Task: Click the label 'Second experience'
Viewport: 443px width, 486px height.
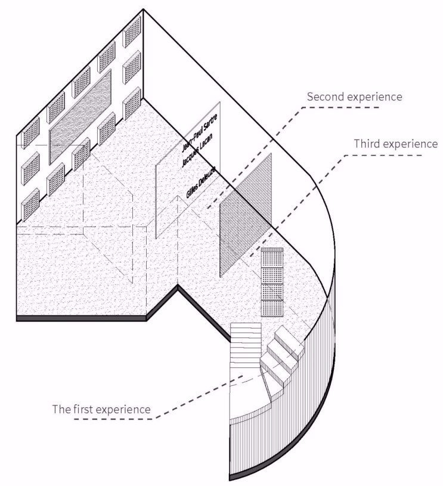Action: coord(354,97)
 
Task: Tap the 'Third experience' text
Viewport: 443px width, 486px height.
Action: coord(396,144)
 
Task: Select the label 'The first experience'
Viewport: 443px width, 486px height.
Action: coord(101,409)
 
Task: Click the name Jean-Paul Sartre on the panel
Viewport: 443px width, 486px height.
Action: coord(199,132)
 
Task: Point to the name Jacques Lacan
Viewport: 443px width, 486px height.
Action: coord(197,150)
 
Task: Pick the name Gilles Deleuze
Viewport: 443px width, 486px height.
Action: coord(201,182)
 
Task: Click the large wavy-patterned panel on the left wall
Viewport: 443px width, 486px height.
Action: coord(80,117)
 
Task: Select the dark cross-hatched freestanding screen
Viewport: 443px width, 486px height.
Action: coord(246,215)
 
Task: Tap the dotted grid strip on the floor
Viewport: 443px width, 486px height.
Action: coord(272,282)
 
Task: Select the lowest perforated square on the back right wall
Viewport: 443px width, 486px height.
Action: coord(132,104)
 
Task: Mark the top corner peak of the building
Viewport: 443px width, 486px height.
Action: coord(143,10)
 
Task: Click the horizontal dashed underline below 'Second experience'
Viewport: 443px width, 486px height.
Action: coord(340,107)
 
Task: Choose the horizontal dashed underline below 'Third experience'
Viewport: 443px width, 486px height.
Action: coord(384,155)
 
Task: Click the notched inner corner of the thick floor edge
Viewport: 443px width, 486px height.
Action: coord(178,287)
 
